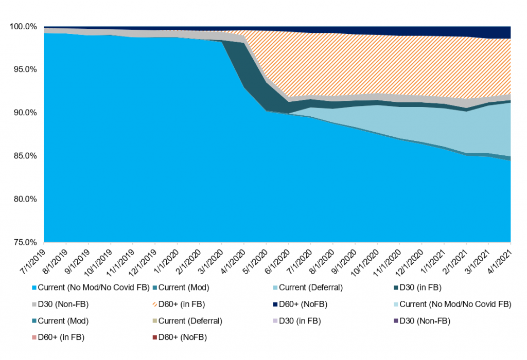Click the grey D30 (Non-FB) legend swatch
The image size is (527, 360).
tap(34, 304)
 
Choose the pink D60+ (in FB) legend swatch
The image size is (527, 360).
tap(34, 337)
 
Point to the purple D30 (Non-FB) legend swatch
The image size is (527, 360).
tap(395, 321)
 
